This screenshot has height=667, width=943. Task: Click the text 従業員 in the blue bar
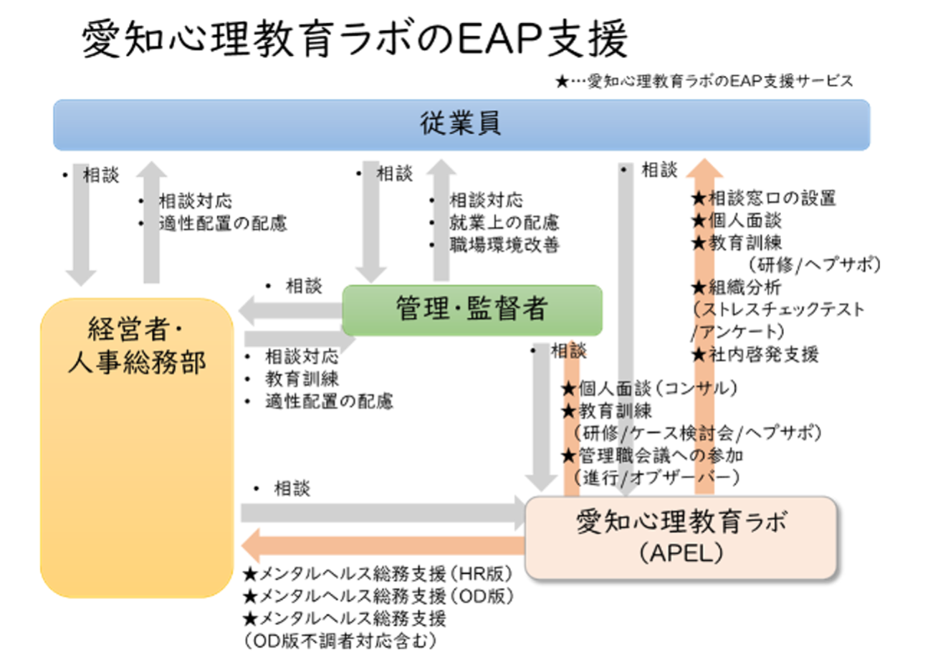point(460,124)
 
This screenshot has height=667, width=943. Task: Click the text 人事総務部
point(137,363)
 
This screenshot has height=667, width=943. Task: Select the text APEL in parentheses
point(681,553)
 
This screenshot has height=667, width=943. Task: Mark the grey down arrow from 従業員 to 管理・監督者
point(371,222)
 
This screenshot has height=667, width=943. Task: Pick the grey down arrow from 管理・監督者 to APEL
point(541,423)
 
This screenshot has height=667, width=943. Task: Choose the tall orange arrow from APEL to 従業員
point(704,322)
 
